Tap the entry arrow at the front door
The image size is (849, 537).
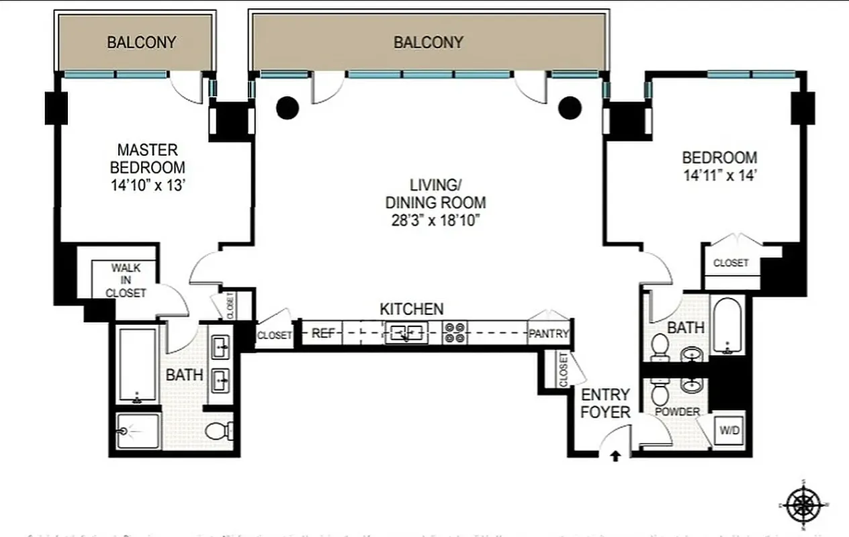[615, 457]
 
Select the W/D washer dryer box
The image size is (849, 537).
[729, 430]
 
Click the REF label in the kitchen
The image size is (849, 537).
[323, 333]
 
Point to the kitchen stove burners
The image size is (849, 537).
[455, 333]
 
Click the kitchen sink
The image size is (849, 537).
[406, 332]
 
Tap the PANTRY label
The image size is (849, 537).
[549, 334]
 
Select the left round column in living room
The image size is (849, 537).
[288, 107]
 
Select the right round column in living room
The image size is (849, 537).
[570, 107]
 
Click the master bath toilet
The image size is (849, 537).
[218, 430]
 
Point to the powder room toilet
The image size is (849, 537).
[660, 394]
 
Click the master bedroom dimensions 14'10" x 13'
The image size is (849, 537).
[148, 185]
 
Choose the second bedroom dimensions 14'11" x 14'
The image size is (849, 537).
[719, 177]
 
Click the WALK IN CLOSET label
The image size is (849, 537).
[126, 281]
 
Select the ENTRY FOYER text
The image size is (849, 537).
[606, 403]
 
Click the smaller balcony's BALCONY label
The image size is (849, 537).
[141, 42]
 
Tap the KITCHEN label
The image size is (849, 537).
[412, 309]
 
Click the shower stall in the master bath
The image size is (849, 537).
[138, 430]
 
